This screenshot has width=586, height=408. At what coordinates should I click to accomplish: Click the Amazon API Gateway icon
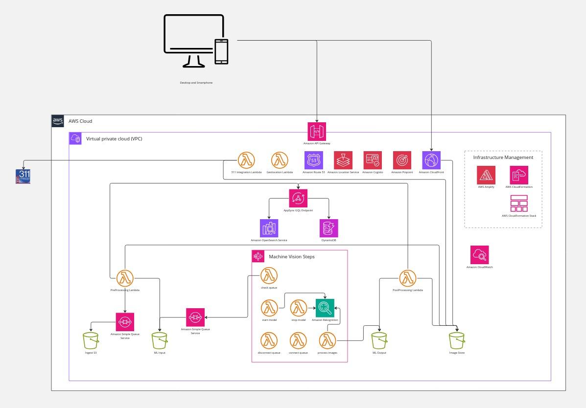pyautogui.click(x=317, y=131)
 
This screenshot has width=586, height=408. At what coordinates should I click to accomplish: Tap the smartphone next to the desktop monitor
pyautogui.click(x=221, y=51)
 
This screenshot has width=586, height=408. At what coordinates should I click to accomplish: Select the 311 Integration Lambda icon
pyautogui.click(x=246, y=160)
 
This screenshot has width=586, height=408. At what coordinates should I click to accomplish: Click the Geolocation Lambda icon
pyautogui.click(x=280, y=160)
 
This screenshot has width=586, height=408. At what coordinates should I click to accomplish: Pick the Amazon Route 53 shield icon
pyautogui.click(x=314, y=160)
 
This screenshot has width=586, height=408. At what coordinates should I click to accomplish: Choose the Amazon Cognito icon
pyautogui.click(x=373, y=160)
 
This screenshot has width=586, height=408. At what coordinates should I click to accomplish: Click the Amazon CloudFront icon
pyautogui.click(x=431, y=160)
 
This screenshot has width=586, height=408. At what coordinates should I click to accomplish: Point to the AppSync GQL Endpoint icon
pyautogui.click(x=298, y=198)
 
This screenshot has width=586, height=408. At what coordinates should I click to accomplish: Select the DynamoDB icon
pyautogui.click(x=328, y=228)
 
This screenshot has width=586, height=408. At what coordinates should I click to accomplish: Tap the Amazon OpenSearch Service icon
pyautogui.click(x=269, y=228)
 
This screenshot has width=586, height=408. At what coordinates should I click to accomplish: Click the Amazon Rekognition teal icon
pyautogui.click(x=325, y=308)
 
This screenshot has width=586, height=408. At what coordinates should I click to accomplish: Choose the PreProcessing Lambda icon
pyautogui.click(x=125, y=278)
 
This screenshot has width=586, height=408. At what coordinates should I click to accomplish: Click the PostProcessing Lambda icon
pyautogui.click(x=407, y=278)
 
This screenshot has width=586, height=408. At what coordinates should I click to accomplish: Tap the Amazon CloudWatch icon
pyautogui.click(x=479, y=255)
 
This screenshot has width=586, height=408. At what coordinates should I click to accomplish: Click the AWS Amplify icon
pyautogui.click(x=486, y=175)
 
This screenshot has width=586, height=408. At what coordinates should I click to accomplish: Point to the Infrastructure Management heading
pyautogui.click(x=503, y=158)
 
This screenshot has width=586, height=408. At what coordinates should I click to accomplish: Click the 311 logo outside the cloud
pyautogui.click(x=23, y=176)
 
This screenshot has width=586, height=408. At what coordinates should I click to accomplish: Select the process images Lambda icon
pyautogui.click(x=327, y=340)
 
